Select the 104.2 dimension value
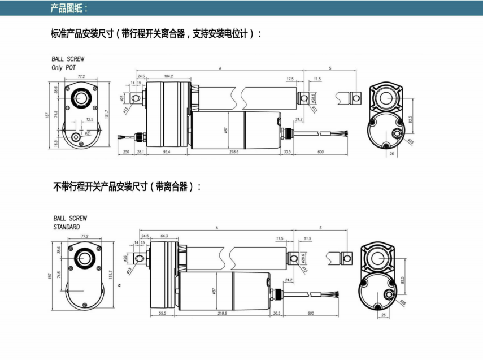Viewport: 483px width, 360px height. click(x=168, y=76)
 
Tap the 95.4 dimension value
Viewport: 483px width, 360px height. click(x=167, y=153)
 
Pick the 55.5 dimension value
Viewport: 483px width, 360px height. click(x=162, y=313)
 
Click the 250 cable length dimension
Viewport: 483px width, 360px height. click(x=125, y=153)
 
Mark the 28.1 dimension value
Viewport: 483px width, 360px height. click(x=140, y=153)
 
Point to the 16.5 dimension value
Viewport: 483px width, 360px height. click(x=56, y=143)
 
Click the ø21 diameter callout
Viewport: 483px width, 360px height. click(x=88, y=133)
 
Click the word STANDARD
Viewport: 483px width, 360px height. click(x=67, y=227)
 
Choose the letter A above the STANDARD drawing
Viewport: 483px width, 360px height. click(x=216, y=227)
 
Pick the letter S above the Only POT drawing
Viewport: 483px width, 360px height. click(x=329, y=68)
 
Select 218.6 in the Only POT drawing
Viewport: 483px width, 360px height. click(x=233, y=153)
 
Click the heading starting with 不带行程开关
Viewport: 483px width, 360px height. click(x=127, y=186)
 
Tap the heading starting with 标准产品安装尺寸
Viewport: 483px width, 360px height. click(x=156, y=34)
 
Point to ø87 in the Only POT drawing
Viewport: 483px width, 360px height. click(x=225, y=131)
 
